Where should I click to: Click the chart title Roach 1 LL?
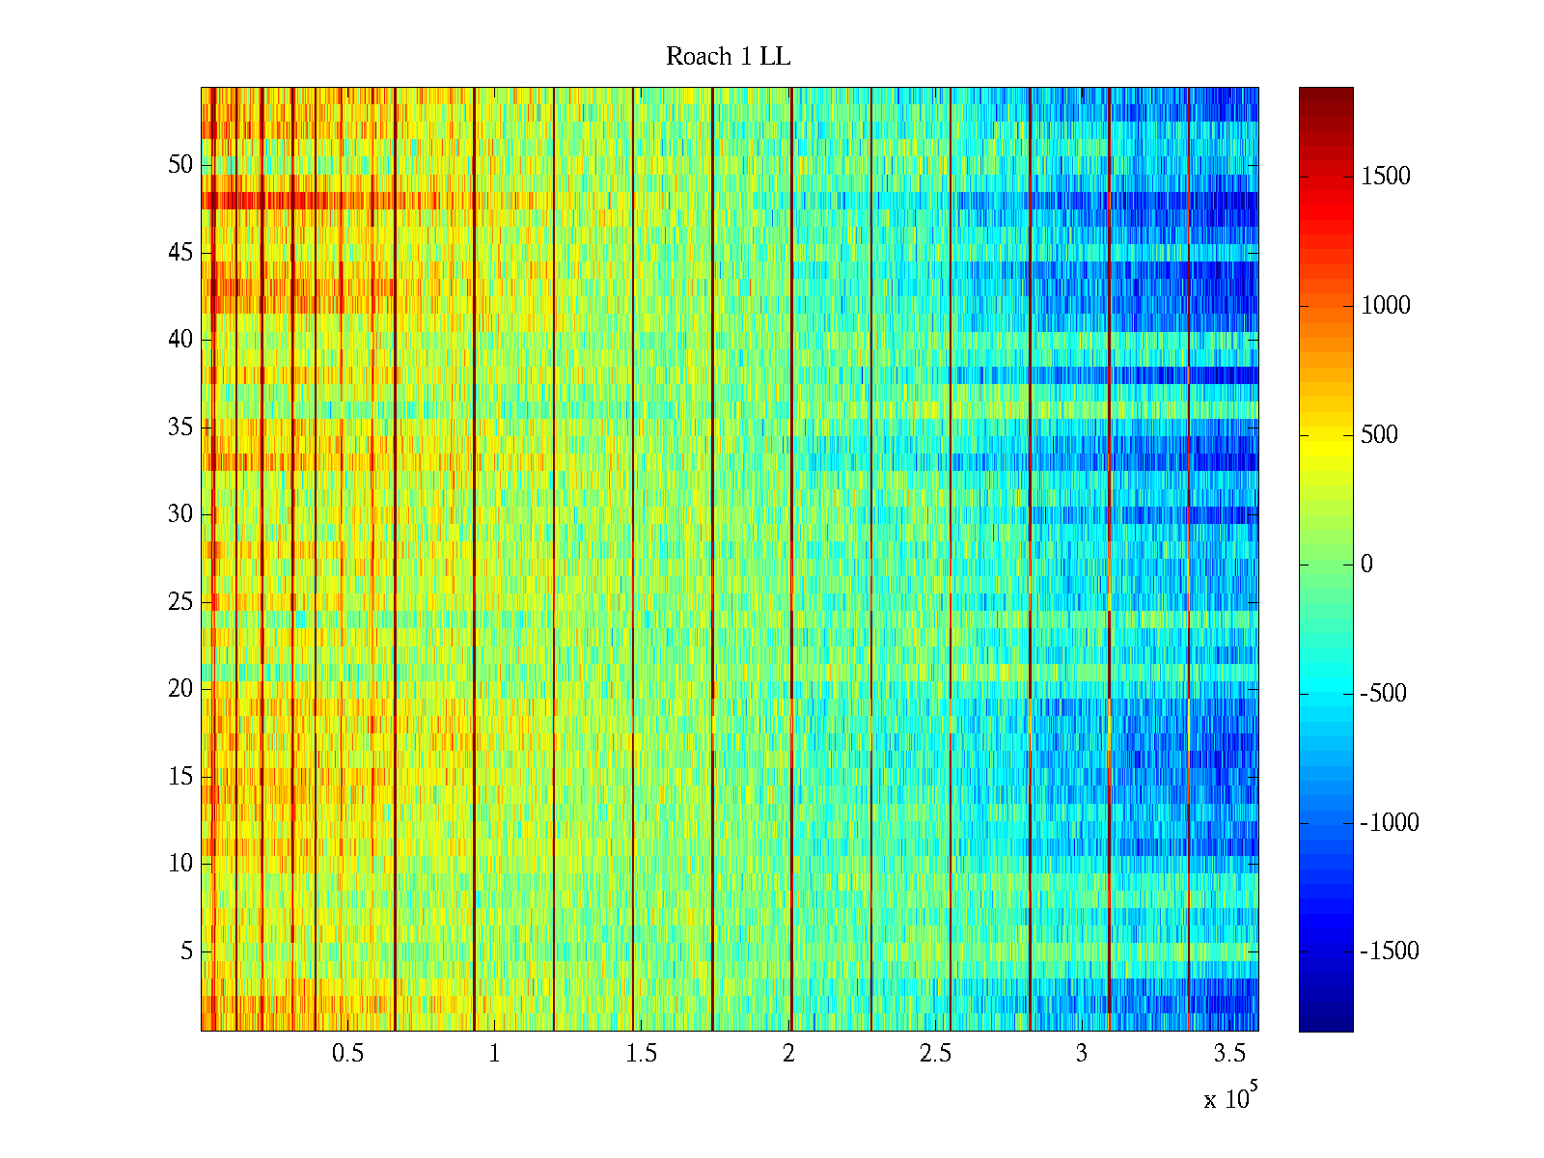(728, 57)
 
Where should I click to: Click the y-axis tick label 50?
(180, 165)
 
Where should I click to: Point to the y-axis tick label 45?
(180, 253)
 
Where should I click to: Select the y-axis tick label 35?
(180, 427)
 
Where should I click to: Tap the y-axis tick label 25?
(180, 602)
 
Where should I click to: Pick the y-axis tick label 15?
(180, 777)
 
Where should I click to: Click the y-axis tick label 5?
(186, 951)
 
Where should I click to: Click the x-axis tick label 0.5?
(347, 1054)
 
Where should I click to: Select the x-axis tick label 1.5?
(641, 1054)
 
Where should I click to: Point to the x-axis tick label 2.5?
(935, 1054)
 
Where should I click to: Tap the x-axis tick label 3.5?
(1228, 1054)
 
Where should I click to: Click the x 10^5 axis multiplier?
(1229, 1098)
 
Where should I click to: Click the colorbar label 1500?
(1386, 177)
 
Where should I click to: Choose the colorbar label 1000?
(1386, 306)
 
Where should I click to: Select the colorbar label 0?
(1366, 565)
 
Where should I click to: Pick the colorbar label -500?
(1383, 694)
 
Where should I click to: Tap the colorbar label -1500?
(1390, 951)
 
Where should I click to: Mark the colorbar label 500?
(1380, 435)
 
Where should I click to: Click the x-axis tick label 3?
(1082, 1054)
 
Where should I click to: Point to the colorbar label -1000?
(1390, 823)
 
